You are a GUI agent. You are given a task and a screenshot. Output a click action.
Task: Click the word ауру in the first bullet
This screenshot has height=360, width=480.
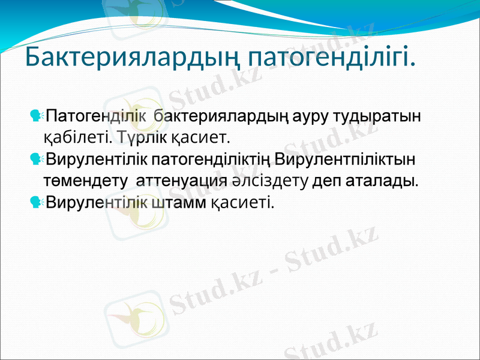(315, 115)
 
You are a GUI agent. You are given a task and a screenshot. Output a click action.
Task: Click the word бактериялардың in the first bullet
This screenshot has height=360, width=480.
(220, 115)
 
